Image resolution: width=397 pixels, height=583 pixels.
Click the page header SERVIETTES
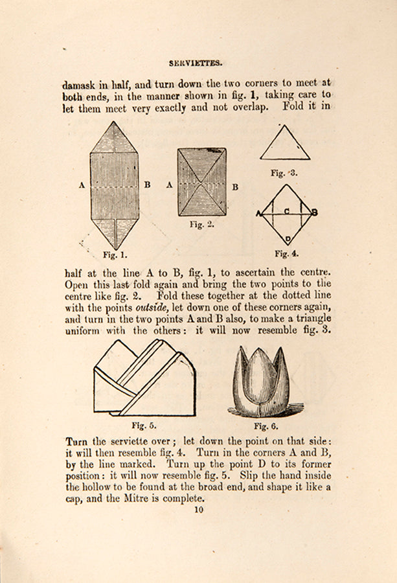point(196,63)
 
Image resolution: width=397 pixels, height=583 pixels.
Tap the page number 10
point(198,509)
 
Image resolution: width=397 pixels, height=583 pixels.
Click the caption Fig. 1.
point(115,255)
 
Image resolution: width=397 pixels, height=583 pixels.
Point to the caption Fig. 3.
point(284,173)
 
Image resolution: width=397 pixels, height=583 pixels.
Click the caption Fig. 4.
point(286,253)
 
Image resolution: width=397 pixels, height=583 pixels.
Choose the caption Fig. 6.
point(266,426)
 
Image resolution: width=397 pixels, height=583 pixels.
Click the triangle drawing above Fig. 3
point(285,144)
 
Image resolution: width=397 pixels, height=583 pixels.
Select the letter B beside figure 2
point(235,187)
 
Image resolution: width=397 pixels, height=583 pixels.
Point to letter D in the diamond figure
point(286,238)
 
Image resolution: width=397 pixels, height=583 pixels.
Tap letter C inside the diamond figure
point(286,211)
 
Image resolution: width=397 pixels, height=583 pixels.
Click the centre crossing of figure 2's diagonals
point(202,182)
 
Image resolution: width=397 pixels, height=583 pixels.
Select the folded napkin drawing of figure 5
point(144,379)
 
